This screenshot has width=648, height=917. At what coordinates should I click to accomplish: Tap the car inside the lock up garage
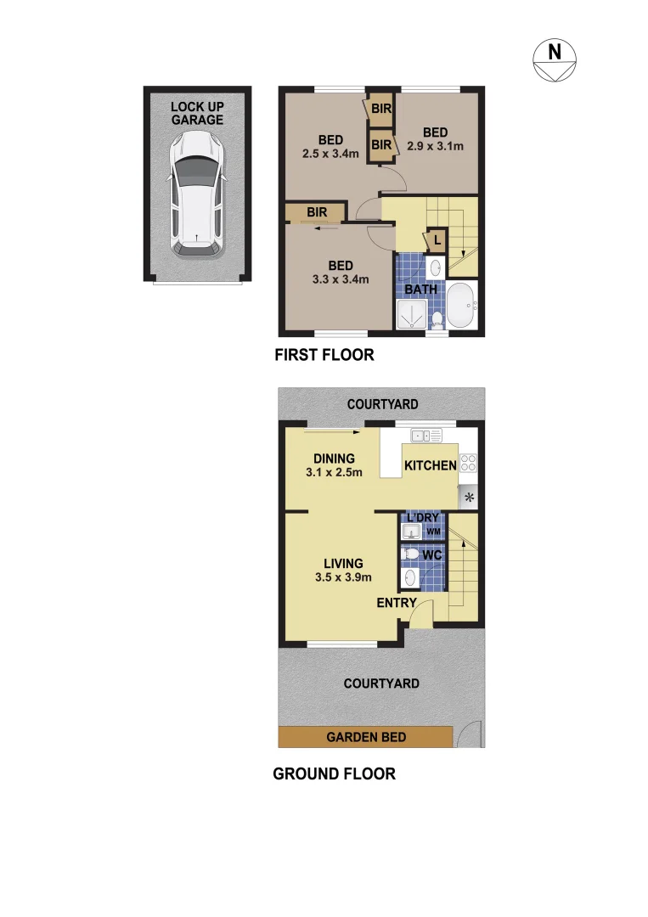[x=196, y=194]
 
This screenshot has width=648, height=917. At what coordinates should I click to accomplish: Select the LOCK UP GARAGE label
[x=197, y=113]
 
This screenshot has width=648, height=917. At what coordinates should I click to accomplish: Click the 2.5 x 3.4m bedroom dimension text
[x=330, y=154]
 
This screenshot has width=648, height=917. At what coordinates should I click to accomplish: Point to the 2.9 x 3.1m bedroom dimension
[x=435, y=146]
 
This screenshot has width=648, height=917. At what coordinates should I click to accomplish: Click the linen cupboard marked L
[x=435, y=241]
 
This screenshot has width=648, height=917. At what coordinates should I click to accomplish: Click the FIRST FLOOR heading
[x=324, y=355]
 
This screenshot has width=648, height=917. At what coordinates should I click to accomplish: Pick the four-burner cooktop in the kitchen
[x=469, y=464]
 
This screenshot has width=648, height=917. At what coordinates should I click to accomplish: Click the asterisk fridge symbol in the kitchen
[x=469, y=497]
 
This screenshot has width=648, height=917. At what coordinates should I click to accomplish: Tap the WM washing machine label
[x=433, y=532]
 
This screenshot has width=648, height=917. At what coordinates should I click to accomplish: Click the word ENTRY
[x=397, y=604]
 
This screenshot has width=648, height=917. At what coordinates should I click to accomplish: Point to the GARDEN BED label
[x=366, y=738]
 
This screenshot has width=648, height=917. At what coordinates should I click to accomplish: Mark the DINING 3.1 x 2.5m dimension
[x=334, y=472]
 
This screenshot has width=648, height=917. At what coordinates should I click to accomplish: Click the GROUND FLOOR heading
[x=334, y=774]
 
